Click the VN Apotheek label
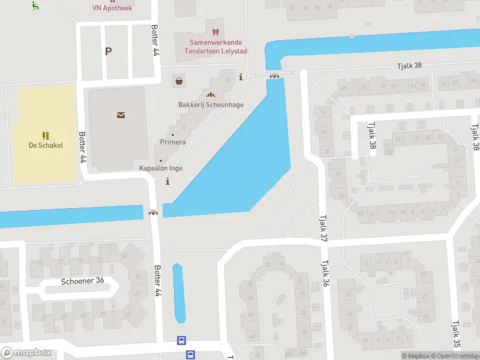(112, 8)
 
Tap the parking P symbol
(108, 52)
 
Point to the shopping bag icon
(178, 80)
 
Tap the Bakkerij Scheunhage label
(211, 104)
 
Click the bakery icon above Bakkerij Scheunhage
(211, 94)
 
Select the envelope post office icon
(121, 115)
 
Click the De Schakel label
(46, 145)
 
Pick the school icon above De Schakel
(46, 136)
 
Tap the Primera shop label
(173, 142)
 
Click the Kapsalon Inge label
(161, 169)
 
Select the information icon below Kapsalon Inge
(167, 181)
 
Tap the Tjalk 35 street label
(456, 334)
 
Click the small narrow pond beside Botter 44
(178, 293)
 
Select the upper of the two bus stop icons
(181, 341)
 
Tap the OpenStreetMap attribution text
(454, 356)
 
